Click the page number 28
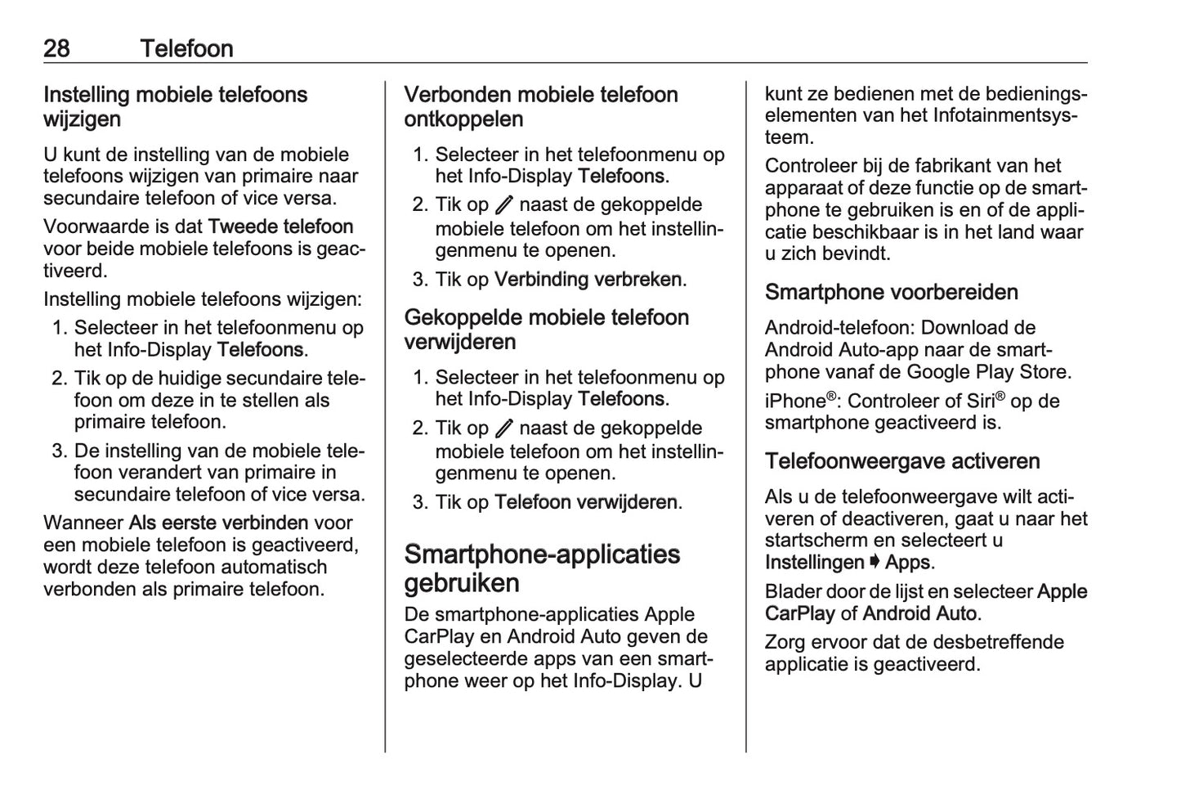click(x=56, y=48)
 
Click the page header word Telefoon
click(x=186, y=48)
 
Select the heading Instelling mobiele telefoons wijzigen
click(x=175, y=106)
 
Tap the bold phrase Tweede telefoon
click(x=280, y=227)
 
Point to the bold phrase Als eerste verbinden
click(x=218, y=523)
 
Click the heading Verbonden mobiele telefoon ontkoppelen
click(x=540, y=106)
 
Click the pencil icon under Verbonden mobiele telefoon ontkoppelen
click(x=503, y=204)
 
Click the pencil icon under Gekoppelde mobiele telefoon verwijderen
click(x=503, y=428)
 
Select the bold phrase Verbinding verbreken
click(x=588, y=280)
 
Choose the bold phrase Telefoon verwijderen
click(x=585, y=502)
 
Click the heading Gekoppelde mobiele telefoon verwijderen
click(x=546, y=329)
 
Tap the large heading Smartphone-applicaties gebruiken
click(x=541, y=568)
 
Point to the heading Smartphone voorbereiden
click(x=891, y=292)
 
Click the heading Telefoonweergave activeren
click(x=901, y=461)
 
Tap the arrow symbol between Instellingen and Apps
click(x=875, y=563)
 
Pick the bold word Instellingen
click(x=814, y=563)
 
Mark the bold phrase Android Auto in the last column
click(x=919, y=613)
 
